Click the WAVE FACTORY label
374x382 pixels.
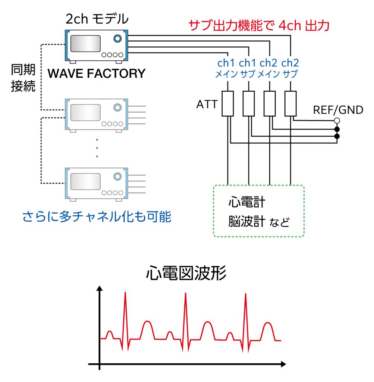click(96, 73)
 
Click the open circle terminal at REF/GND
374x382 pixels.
click(337, 120)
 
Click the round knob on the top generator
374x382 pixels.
click(118, 38)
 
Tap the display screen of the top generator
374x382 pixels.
click(86, 44)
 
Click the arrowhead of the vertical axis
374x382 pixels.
click(99, 289)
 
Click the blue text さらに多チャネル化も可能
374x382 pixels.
click(97, 216)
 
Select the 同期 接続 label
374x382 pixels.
click(23, 78)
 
